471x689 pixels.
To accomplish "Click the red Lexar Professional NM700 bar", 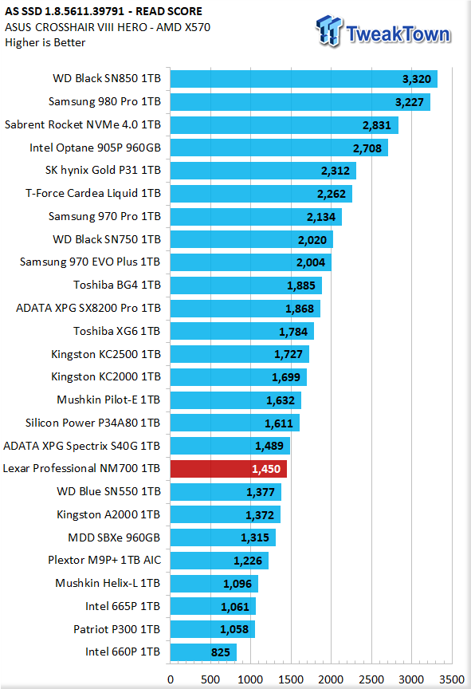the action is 228,469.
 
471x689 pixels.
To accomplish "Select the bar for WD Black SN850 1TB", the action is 304,79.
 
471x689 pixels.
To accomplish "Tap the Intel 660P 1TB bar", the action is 203,652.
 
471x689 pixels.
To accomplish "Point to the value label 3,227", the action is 409,102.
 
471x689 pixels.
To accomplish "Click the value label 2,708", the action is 367,148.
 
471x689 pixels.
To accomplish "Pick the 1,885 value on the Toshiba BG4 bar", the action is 300,286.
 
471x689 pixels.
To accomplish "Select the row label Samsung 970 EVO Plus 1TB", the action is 90,262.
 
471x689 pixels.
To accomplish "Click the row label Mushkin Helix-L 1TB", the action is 108,583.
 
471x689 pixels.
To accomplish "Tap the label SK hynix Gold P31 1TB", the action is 103,170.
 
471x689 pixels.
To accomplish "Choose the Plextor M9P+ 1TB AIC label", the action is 104,560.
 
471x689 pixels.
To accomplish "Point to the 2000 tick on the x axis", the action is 331,679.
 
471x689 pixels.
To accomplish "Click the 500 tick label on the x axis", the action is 210,679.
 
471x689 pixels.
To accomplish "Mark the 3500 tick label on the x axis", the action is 452,679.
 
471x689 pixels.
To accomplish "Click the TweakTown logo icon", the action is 329,31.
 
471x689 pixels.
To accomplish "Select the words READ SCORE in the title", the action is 169,11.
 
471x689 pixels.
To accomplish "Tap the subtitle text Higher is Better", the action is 45,42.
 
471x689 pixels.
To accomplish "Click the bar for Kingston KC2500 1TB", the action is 240,354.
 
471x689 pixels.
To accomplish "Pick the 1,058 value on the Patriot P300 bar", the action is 234,630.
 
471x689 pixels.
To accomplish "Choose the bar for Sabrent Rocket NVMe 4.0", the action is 285,125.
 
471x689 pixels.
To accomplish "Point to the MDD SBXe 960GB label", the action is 114,537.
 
